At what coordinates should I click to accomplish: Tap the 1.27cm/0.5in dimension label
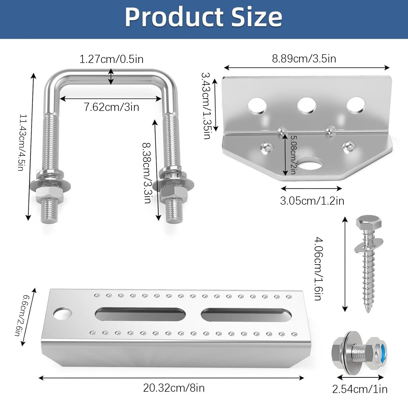pos(111,59)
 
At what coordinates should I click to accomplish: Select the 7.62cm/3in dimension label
pos(112,107)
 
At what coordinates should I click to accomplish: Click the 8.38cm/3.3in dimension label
pos(147,173)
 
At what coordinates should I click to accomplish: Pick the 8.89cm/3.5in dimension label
pos(304,59)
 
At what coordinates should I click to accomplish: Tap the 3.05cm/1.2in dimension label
pos(312,201)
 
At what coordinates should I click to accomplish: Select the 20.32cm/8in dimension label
pos(174,388)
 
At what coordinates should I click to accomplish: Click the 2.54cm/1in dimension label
pos(360,389)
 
